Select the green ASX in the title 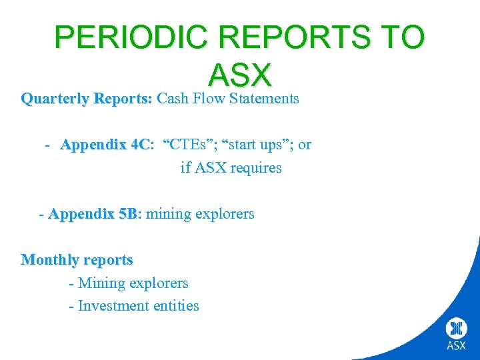click(x=240, y=75)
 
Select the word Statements click(x=264, y=99)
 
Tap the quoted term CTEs click(x=193, y=145)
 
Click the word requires click(x=256, y=167)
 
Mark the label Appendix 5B click(x=94, y=214)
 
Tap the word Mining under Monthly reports click(x=101, y=283)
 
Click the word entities click(x=176, y=305)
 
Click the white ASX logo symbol click(x=457, y=328)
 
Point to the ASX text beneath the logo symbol click(x=457, y=345)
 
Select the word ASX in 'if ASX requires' click(x=208, y=167)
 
